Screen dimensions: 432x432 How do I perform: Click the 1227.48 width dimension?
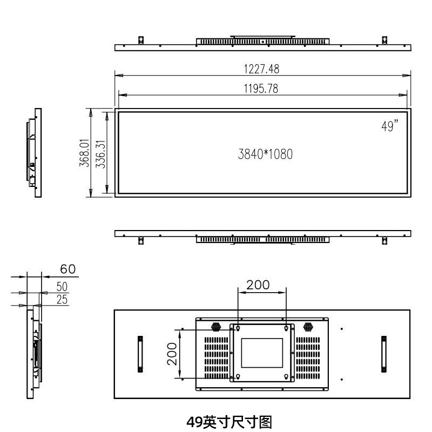[261, 69]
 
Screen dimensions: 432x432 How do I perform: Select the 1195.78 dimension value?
[261, 89]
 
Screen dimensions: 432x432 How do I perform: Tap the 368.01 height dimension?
[84, 153]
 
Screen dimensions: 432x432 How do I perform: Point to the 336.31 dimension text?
[100, 154]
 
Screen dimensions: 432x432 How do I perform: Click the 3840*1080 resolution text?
[265, 154]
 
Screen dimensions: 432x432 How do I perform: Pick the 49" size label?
[389, 126]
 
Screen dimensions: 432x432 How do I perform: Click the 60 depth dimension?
[68, 269]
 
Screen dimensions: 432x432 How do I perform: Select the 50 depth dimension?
[62, 287]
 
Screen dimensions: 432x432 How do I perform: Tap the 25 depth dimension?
[62, 300]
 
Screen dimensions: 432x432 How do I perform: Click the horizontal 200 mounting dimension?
[258, 285]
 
